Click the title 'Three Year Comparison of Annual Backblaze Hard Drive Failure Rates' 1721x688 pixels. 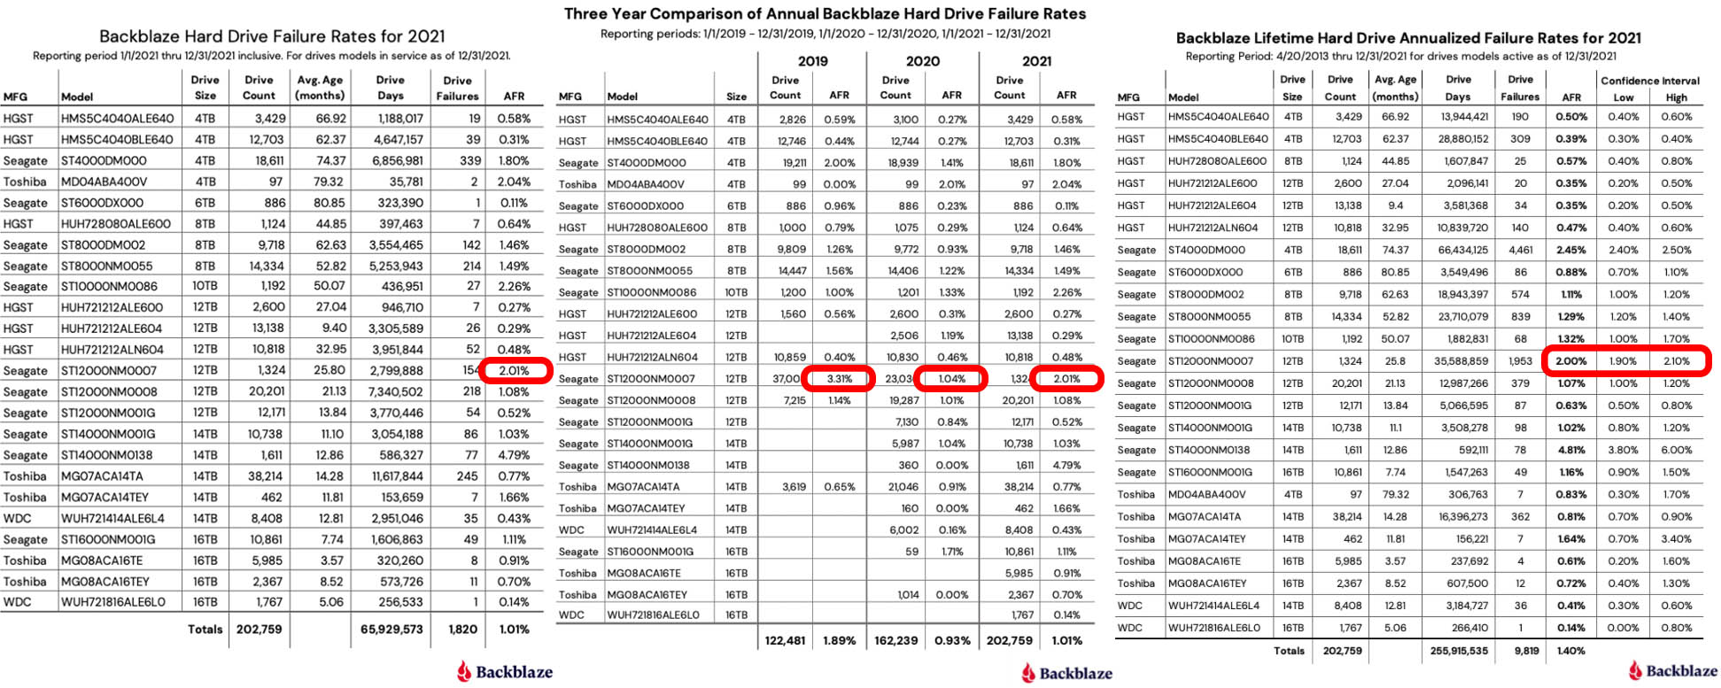click(825, 14)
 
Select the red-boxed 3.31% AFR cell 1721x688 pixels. click(839, 378)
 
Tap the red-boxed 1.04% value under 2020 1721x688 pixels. click(951, 378)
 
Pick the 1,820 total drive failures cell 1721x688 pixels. click(462, 629)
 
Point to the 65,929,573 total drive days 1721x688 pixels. click(391, 629)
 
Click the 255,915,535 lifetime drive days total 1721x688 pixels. click(1459, 651)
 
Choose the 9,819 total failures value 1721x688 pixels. click(1526, 651)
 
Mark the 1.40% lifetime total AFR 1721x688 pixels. click(1570, 651)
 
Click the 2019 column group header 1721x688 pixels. click(812, 61)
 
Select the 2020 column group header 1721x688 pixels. click(922, 61)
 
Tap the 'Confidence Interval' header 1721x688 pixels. click(1649, 81)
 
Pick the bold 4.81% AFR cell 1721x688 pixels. click(1570, 450)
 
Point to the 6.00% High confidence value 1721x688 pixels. click(1677, 450)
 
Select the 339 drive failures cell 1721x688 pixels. click(469, 160)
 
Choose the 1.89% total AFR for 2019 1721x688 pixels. click(839, 640)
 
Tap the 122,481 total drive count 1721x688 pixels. click(785, 640)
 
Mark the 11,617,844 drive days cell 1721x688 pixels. click(391, 475)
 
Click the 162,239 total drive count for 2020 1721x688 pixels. click(895, 640)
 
